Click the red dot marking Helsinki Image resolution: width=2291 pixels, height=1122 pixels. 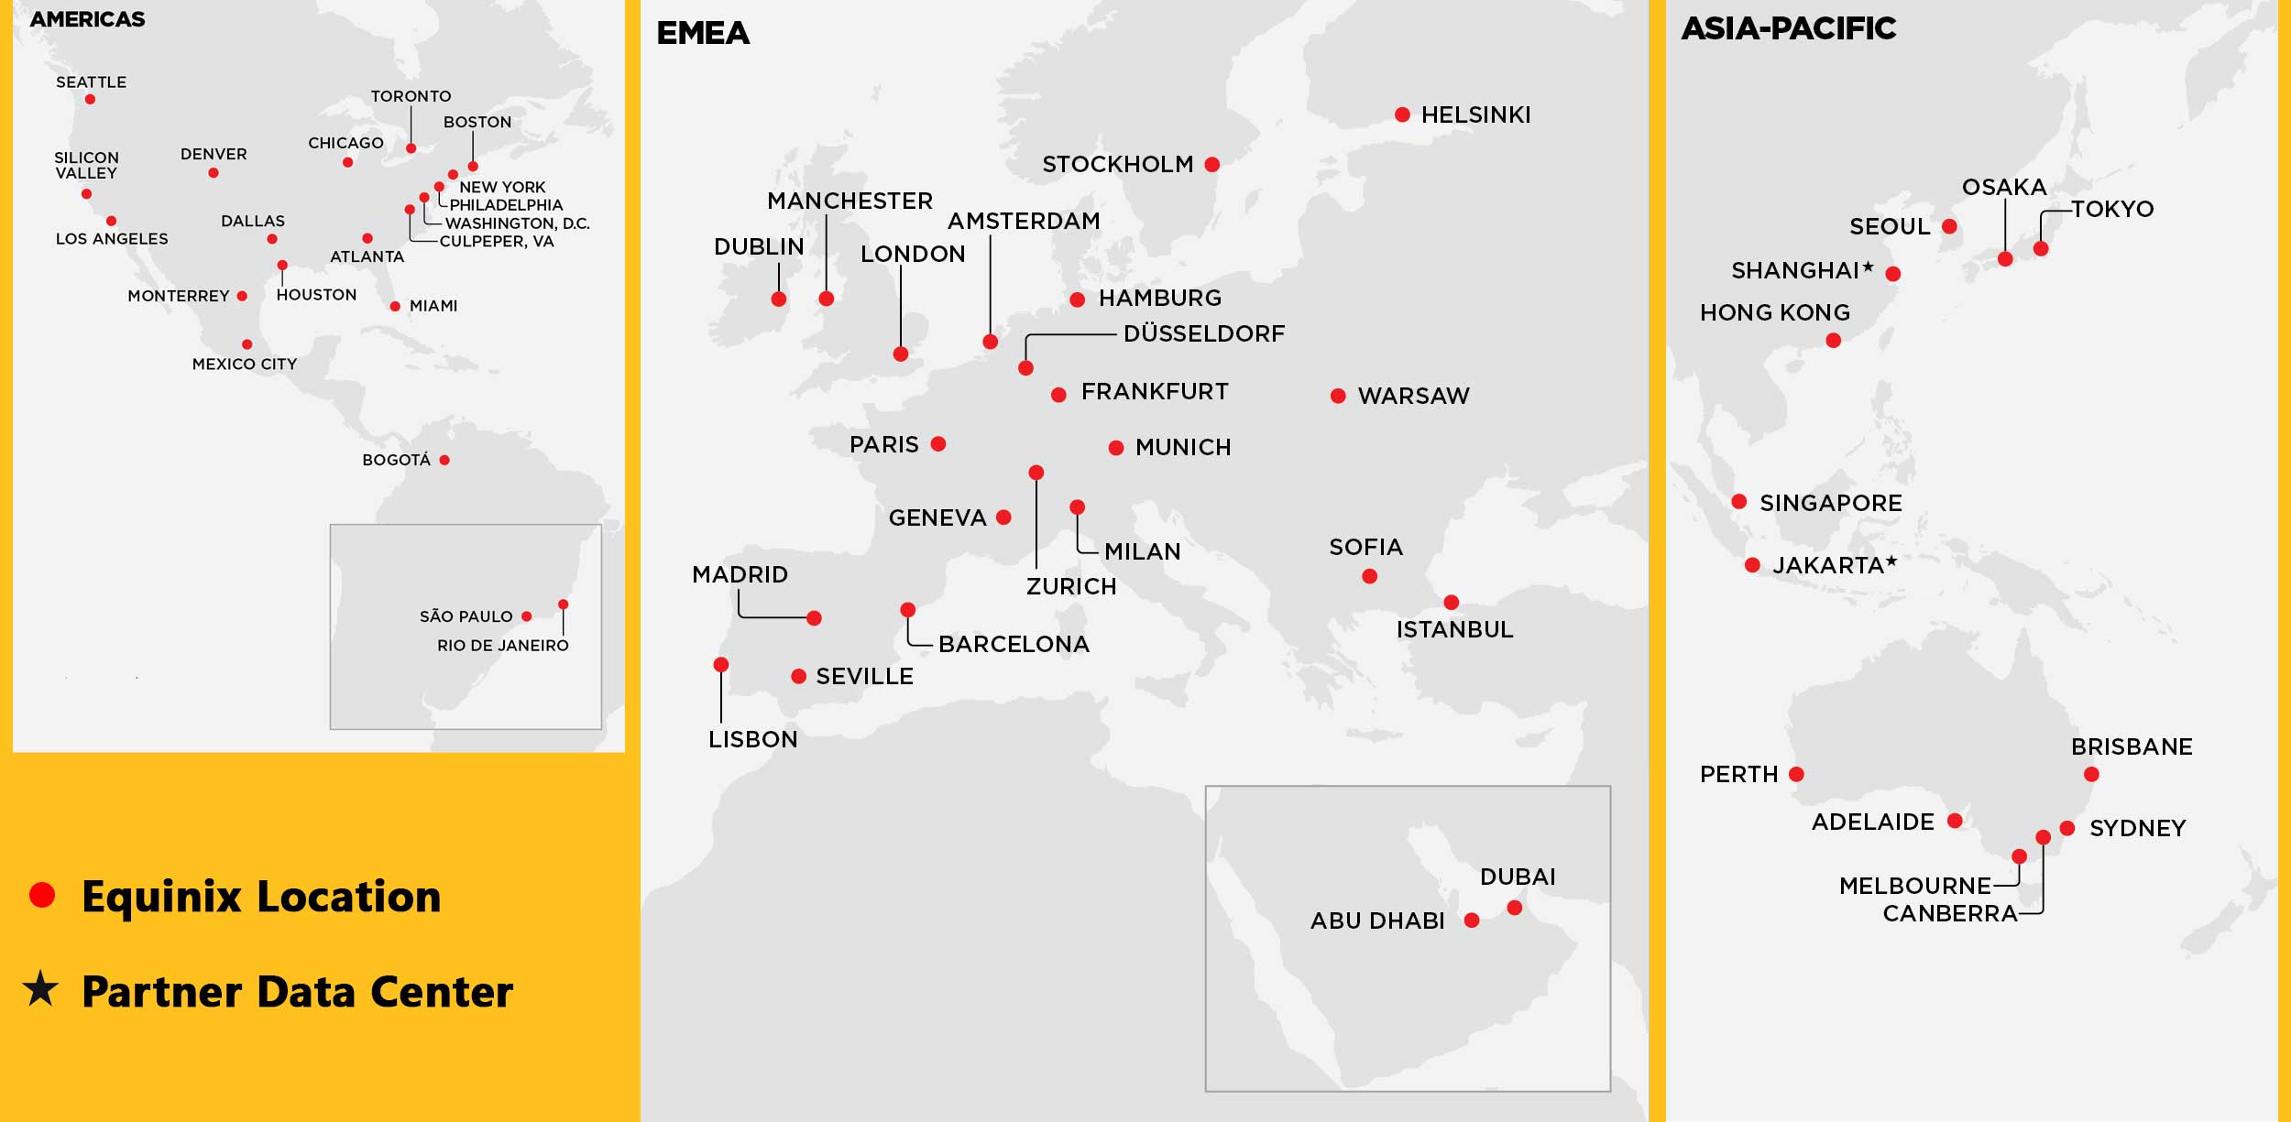[1402, 114]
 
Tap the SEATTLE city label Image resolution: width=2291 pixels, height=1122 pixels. [91, 82]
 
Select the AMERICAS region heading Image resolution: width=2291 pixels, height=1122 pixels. [87, 19]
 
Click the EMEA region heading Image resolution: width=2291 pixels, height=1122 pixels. [703, 33]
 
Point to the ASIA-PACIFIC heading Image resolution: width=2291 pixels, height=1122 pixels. [1788, 28]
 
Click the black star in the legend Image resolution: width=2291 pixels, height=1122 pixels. [40, 989]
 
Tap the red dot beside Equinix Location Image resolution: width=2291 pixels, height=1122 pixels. [42, 895]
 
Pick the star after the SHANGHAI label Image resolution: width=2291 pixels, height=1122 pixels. [1868, 267]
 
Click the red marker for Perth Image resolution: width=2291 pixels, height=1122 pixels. [1796, 774]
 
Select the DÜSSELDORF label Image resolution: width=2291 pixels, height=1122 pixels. [1203, 333]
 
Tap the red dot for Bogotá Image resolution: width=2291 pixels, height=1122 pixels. [444, 460]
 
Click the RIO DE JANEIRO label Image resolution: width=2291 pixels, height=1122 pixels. [502, 646]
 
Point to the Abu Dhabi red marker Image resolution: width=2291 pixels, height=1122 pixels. [1472, 920]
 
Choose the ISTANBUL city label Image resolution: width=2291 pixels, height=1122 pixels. [1454, 629]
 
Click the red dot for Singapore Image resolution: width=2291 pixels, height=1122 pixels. [1738, 501]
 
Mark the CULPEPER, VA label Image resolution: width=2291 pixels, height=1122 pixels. [496, 242]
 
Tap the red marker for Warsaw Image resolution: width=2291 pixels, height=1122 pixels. [1338, 396]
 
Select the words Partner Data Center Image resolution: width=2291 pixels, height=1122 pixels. [297, 992]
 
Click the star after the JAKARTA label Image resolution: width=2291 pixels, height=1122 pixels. [1891, 561]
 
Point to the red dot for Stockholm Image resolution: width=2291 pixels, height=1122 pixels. [1212, 165]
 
